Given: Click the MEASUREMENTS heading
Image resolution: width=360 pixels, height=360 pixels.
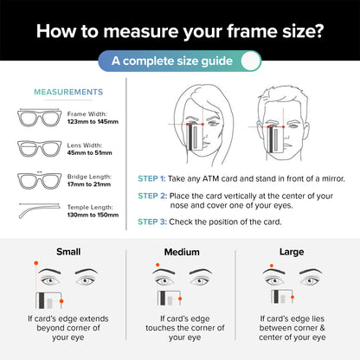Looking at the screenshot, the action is [x=68, y=92].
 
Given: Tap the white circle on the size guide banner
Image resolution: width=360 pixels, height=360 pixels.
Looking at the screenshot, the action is [x=251, y=61].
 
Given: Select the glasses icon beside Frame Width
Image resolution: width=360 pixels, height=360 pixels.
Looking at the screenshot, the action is [x=40, y=118].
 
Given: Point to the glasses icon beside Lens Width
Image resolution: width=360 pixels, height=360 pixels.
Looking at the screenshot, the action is [x=40, y=149].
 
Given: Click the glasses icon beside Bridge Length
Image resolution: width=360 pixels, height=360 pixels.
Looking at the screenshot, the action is [x=40, y=180].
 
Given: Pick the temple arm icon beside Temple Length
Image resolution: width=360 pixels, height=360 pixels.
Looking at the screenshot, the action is [x=39, y=210].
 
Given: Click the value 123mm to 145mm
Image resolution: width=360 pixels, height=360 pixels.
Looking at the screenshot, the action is [x=93, y=122].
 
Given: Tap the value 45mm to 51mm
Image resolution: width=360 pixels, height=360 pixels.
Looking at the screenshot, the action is [x=89, y=153].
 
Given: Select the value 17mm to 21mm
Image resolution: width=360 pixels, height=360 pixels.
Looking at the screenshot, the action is [x=89, y=184].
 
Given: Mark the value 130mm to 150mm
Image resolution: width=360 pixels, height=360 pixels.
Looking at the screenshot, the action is [x=93, y=215].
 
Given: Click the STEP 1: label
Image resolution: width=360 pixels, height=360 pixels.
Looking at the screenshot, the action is [x=151, y=178].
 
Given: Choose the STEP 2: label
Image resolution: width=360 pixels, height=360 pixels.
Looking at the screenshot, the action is [x=152, y=196].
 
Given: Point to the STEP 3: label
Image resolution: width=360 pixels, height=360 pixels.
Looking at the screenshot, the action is [x=152, y=222].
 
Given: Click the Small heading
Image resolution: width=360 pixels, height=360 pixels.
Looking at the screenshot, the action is [x=68, y=252].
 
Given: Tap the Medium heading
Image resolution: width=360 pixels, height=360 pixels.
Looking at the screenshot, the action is [x=182, y=252].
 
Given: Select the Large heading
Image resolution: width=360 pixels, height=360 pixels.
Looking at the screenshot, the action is [x=292, y=252].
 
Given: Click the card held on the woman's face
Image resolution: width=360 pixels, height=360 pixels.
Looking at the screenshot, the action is [x=195, y=138].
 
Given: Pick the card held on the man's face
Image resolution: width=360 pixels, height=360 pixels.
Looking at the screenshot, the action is [x=276, y=139].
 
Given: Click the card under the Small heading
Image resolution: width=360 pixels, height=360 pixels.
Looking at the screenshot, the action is [x=48, y=300].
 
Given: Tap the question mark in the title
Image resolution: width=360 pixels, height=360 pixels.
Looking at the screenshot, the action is [x=318, y=30].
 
